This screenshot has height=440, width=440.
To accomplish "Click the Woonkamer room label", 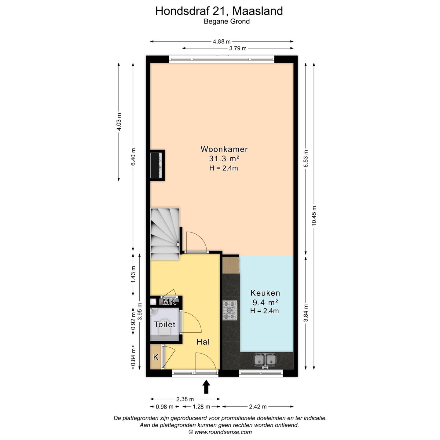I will click(x=224, y=149).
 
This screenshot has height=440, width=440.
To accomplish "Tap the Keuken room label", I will click(x=265, y=293).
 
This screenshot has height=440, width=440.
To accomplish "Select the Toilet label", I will click(x=165, y=324).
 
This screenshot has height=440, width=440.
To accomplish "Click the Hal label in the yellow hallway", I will click(x=203, y=342).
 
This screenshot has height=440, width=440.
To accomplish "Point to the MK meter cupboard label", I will click(x=169, y=302).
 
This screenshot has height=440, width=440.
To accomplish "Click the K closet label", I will click(x=156, y=357).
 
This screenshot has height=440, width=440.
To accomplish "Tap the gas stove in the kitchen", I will click(x=230, y=310).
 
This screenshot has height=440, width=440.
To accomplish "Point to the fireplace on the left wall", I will click(x=157, y=165).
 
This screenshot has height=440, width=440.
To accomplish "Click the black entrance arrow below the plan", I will click(x=207, y=387).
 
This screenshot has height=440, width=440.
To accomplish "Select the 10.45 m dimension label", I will click(x=314, y=216).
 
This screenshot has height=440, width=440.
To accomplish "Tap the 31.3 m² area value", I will click(x=224, y=159).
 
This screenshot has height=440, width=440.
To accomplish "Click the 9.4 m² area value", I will click(x=265, y=302).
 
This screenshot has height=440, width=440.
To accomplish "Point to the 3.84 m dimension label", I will click(x=306, y=313).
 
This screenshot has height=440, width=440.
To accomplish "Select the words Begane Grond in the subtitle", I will click(x=226, y=21).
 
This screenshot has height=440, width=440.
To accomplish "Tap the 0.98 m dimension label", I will click(x=164, y=407).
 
